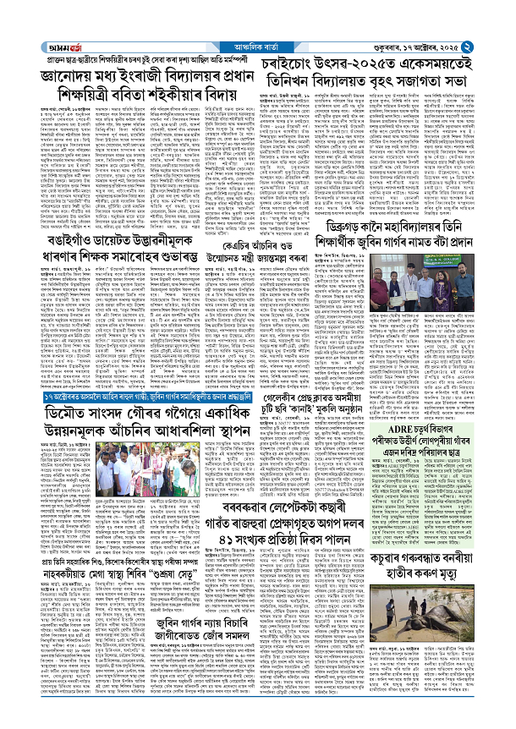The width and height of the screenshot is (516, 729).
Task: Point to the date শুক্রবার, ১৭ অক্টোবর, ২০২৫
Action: (x=447, y=12)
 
